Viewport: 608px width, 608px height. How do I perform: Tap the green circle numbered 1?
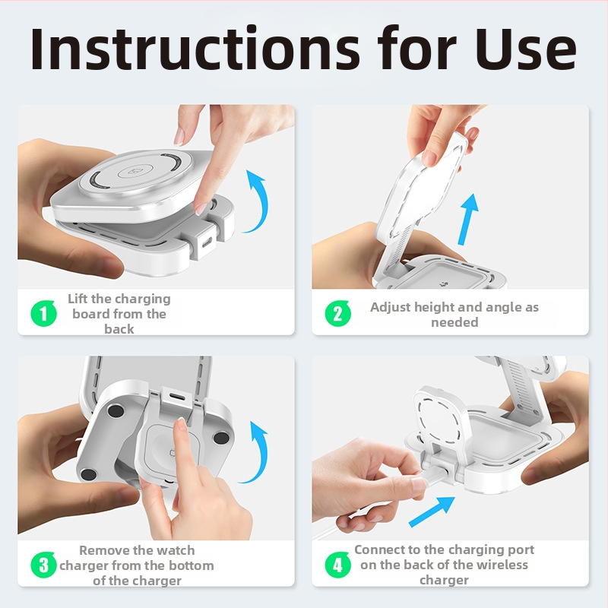43,313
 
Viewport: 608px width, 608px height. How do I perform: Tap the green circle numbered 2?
337,313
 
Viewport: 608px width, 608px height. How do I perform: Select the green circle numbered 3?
43,565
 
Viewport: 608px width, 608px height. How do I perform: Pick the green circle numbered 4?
337,565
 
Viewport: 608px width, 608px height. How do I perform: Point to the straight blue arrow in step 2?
468,220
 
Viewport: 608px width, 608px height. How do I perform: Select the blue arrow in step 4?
432,511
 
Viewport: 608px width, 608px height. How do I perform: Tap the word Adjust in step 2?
390,308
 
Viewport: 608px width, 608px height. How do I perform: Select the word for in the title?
416,48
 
